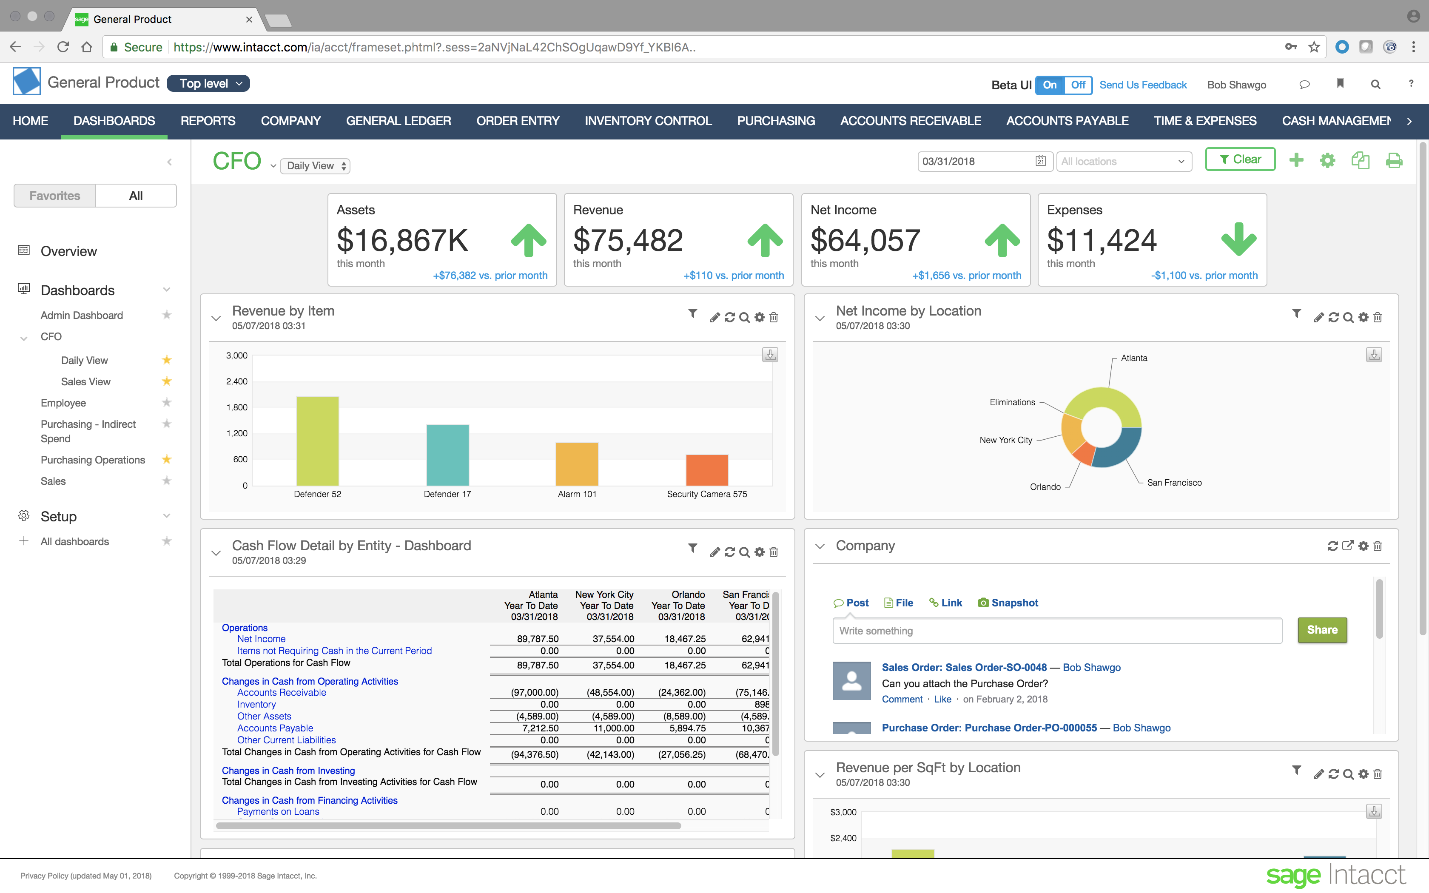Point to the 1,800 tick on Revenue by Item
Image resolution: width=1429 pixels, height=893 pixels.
tap(237, 407)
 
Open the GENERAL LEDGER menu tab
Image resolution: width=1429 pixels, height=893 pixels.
tap(398, 121)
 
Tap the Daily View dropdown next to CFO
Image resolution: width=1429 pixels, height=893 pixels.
tap(315, 166)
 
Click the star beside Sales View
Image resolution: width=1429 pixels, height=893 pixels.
tap(167, 381)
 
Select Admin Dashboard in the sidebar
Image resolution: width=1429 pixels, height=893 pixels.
tap(82, 316)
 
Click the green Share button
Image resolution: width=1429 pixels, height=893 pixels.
tap(1321, 630)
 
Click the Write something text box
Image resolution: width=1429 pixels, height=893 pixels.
tap(1056, 631)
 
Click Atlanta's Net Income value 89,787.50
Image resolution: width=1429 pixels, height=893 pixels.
tap(537, 639)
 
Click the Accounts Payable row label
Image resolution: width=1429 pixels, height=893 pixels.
tap(275, 728)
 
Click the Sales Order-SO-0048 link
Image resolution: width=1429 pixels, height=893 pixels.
tap(964, 667)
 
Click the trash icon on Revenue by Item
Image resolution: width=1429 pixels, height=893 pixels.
tap(774, 318)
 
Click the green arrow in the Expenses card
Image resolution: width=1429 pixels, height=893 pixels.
tap(1238, 239)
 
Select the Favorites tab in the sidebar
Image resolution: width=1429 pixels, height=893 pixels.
tap(55, 196)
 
